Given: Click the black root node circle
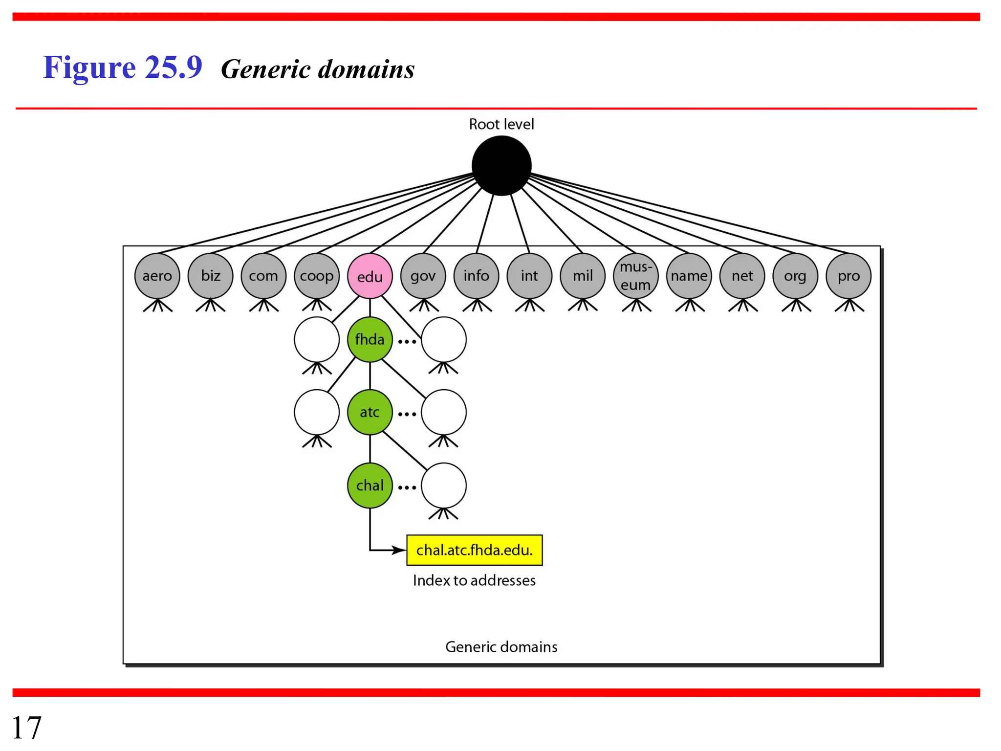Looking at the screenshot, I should (x=501, y=166).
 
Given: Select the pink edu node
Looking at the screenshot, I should (x=370, y=276).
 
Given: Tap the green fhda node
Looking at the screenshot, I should (x=370, y=339).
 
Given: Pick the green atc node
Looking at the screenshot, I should (x=370, y=412).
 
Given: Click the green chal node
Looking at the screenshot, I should (x=370, y=486).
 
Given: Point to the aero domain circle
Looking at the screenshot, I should (x=157, y=276).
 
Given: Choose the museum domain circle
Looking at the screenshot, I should (x=635, y=276).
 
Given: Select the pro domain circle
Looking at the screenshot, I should (x=848, y=276).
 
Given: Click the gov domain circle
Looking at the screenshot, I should (x=423, y=276).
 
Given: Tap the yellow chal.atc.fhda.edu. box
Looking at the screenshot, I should (x=474, y=550).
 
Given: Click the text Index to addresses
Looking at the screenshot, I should (x=474, y=580).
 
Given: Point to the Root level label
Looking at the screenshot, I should (x=501, y=124).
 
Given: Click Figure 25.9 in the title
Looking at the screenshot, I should (x=122, y=67).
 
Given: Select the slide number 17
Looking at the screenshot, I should (x=26, y=728).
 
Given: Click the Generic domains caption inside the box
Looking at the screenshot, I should (x=501, y=647).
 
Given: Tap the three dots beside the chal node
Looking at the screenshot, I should (x=407, y=487).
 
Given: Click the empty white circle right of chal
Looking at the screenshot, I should (x=443, y=486).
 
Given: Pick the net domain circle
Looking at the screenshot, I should (x=742, y=276).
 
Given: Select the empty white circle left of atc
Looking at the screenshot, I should (x=317, y=412).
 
